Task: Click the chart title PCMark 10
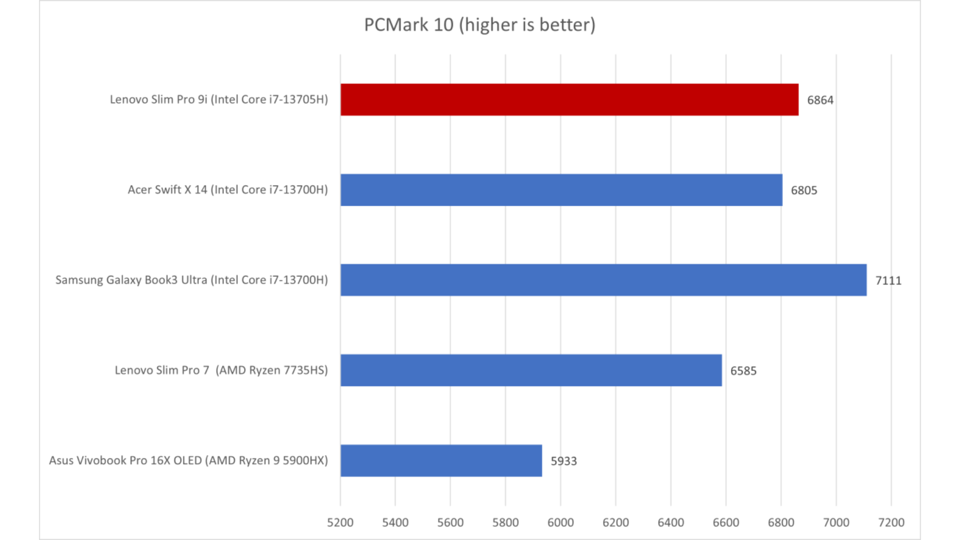[x=479, y=25]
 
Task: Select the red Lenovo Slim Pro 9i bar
[x=569, y=99]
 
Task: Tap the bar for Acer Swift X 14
[x=561, y=190]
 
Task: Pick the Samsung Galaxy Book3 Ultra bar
[x=603, y=280]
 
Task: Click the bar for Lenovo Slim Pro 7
[x=531, y=370]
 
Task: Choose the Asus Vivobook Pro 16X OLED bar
[x=441, y=460]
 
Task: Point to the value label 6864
[x=820, y=100]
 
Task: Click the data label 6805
[x=803, y=190]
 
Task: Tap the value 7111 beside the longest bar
[x=888, y=280]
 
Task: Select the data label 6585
[x=743, y=371]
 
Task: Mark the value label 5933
[x=563, y=461]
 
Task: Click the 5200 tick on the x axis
[x=340, y=522]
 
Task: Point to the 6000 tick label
[x=560, y=522]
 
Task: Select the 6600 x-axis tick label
[x=725, y=522]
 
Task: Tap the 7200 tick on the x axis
[x=891, y=522]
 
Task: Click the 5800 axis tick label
[x=505, y=522]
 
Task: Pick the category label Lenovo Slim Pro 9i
[x=218, y=99]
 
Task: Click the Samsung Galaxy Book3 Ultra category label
[x=191, y=280]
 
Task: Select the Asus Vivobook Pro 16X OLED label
[x=188, y=460]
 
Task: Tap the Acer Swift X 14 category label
[x=227, y=190]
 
